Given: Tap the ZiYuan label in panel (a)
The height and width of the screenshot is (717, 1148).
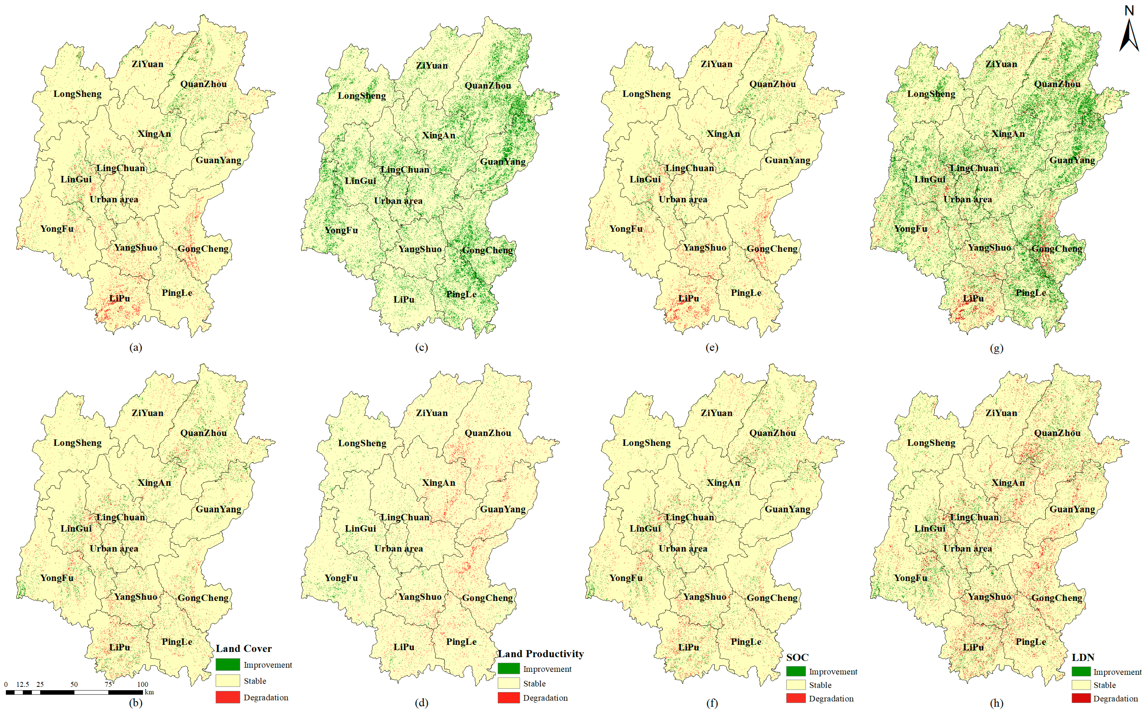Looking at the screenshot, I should (x=148, y=64).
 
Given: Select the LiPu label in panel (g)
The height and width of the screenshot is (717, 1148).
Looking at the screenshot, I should (x=973, y=298).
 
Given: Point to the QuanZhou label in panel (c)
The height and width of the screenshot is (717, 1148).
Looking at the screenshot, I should (x=488, y=85).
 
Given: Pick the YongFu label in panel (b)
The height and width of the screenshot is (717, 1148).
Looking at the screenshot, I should (x=57, y=578).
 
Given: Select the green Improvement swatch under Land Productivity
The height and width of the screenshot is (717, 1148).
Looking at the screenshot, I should (x=508, y=669).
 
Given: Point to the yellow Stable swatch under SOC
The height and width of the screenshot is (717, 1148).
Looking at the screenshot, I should (x=796, y=685).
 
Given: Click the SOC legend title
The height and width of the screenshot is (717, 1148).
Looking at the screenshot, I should (x=797, y=657).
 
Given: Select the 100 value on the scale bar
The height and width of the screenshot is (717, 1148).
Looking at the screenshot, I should (x=142, y=684).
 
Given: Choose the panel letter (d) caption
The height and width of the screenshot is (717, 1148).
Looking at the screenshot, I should (x=421, y=703).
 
